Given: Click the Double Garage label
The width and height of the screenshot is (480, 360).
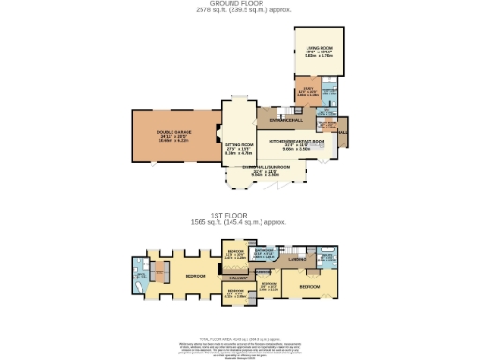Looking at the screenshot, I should coord(174,131).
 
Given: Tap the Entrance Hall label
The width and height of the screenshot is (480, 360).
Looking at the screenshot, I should coord(286,120).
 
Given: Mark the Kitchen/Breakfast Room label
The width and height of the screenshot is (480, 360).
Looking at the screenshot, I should coord(296,142).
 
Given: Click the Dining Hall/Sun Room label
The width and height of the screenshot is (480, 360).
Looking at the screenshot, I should coord(263,167).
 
